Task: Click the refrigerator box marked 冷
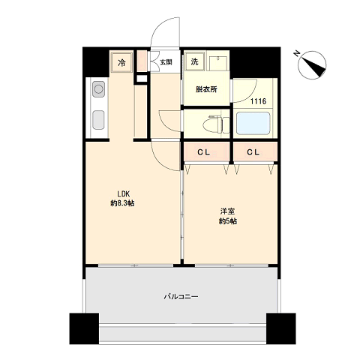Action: point(121,62)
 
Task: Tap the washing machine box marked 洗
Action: point(194,61)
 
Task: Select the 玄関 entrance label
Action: point(166,62)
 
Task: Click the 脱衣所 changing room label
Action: point(206,89)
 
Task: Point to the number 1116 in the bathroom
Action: point(258,101)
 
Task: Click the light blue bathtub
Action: point(253,123)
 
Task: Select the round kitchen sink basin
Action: point(98,89)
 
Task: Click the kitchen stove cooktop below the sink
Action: point(98,120)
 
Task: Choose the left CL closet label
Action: point(204,152)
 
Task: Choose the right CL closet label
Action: point(253,152)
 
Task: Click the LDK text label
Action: point(123,193)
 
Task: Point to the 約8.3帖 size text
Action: point(122,203)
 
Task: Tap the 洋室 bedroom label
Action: point(227,211)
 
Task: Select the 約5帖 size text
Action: point(228,221)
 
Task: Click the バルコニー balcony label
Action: point(181,297)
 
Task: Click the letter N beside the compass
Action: point(297,53)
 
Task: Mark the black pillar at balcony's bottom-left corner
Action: point(84,328)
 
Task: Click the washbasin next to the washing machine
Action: point(218,63)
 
